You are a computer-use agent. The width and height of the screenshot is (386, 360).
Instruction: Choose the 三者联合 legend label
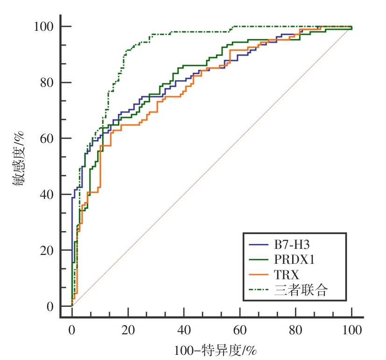[302, 290]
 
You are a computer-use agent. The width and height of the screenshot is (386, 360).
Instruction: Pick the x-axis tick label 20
[128, 331]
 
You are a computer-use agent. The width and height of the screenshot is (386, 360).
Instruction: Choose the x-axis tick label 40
[184, 331]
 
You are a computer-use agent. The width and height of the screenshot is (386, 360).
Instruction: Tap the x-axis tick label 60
[240, 331]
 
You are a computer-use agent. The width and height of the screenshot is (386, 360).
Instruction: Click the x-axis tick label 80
[296, 331]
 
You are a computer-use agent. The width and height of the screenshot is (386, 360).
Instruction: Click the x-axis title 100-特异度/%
[212, 349]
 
